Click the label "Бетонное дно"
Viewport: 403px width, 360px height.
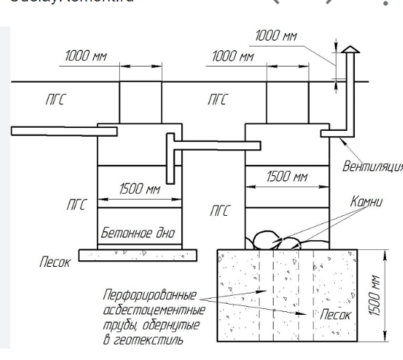[x=138, y=234]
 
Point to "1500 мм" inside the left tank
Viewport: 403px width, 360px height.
[x=139, y=190]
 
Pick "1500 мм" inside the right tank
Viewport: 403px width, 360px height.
[x=286, y=177]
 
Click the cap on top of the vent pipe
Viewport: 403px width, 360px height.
[x=349, y=50]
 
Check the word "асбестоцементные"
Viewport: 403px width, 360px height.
[x=149, y=310]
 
